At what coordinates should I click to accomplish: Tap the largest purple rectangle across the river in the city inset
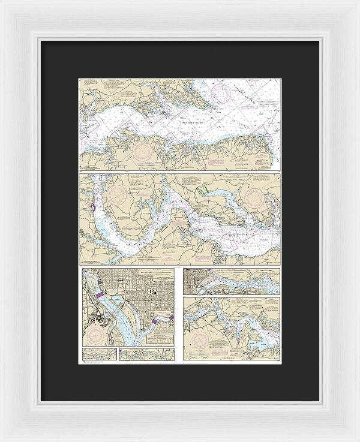(100, 296)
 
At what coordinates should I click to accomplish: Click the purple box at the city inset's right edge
(172, 318)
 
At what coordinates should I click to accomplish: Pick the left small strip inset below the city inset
(99, 354)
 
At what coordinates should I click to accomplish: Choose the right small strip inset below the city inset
(146, 354)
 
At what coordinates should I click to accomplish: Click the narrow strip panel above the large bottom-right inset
(231, 281)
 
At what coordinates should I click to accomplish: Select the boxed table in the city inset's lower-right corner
(158, 339)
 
